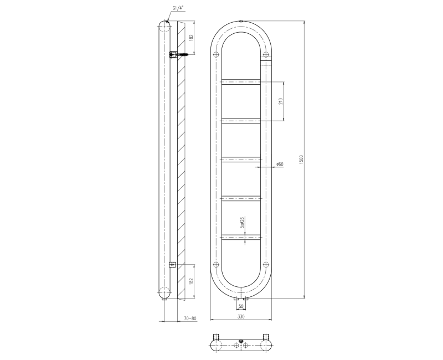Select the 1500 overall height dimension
[x=302, y=159]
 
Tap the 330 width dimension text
[x=241, y=316]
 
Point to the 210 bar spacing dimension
[x=281, y=101]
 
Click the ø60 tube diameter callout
[x=280, y=164]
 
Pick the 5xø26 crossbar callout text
[x=242, y=223]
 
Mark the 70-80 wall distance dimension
[x=189, y=319]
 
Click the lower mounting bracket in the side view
[x=172, y=264]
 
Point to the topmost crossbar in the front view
[x=241, y=83]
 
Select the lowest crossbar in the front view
[x=241, y=237]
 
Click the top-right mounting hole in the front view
[x=266, y=54]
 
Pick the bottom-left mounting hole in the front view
[x=217, y=264]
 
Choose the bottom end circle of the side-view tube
[x=165, y=292]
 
